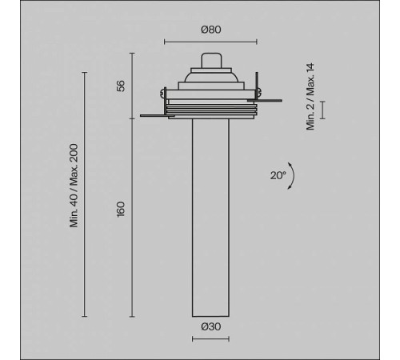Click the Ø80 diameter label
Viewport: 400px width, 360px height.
tap(211, 30)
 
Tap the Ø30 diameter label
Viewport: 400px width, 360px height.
tap(211, 326)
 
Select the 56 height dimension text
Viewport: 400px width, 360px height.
tap(121, 86)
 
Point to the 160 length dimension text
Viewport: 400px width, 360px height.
tap(121, 210)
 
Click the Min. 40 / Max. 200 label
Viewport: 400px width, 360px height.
tap(74, 186)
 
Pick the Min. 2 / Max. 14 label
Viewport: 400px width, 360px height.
tap(310, 97)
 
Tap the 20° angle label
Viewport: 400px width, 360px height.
tap(278, 175)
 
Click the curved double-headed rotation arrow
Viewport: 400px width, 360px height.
tap(294, 176)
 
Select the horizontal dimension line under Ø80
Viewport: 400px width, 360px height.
tap(210, 42)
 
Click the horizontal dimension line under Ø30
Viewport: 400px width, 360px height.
tap(210, 339)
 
